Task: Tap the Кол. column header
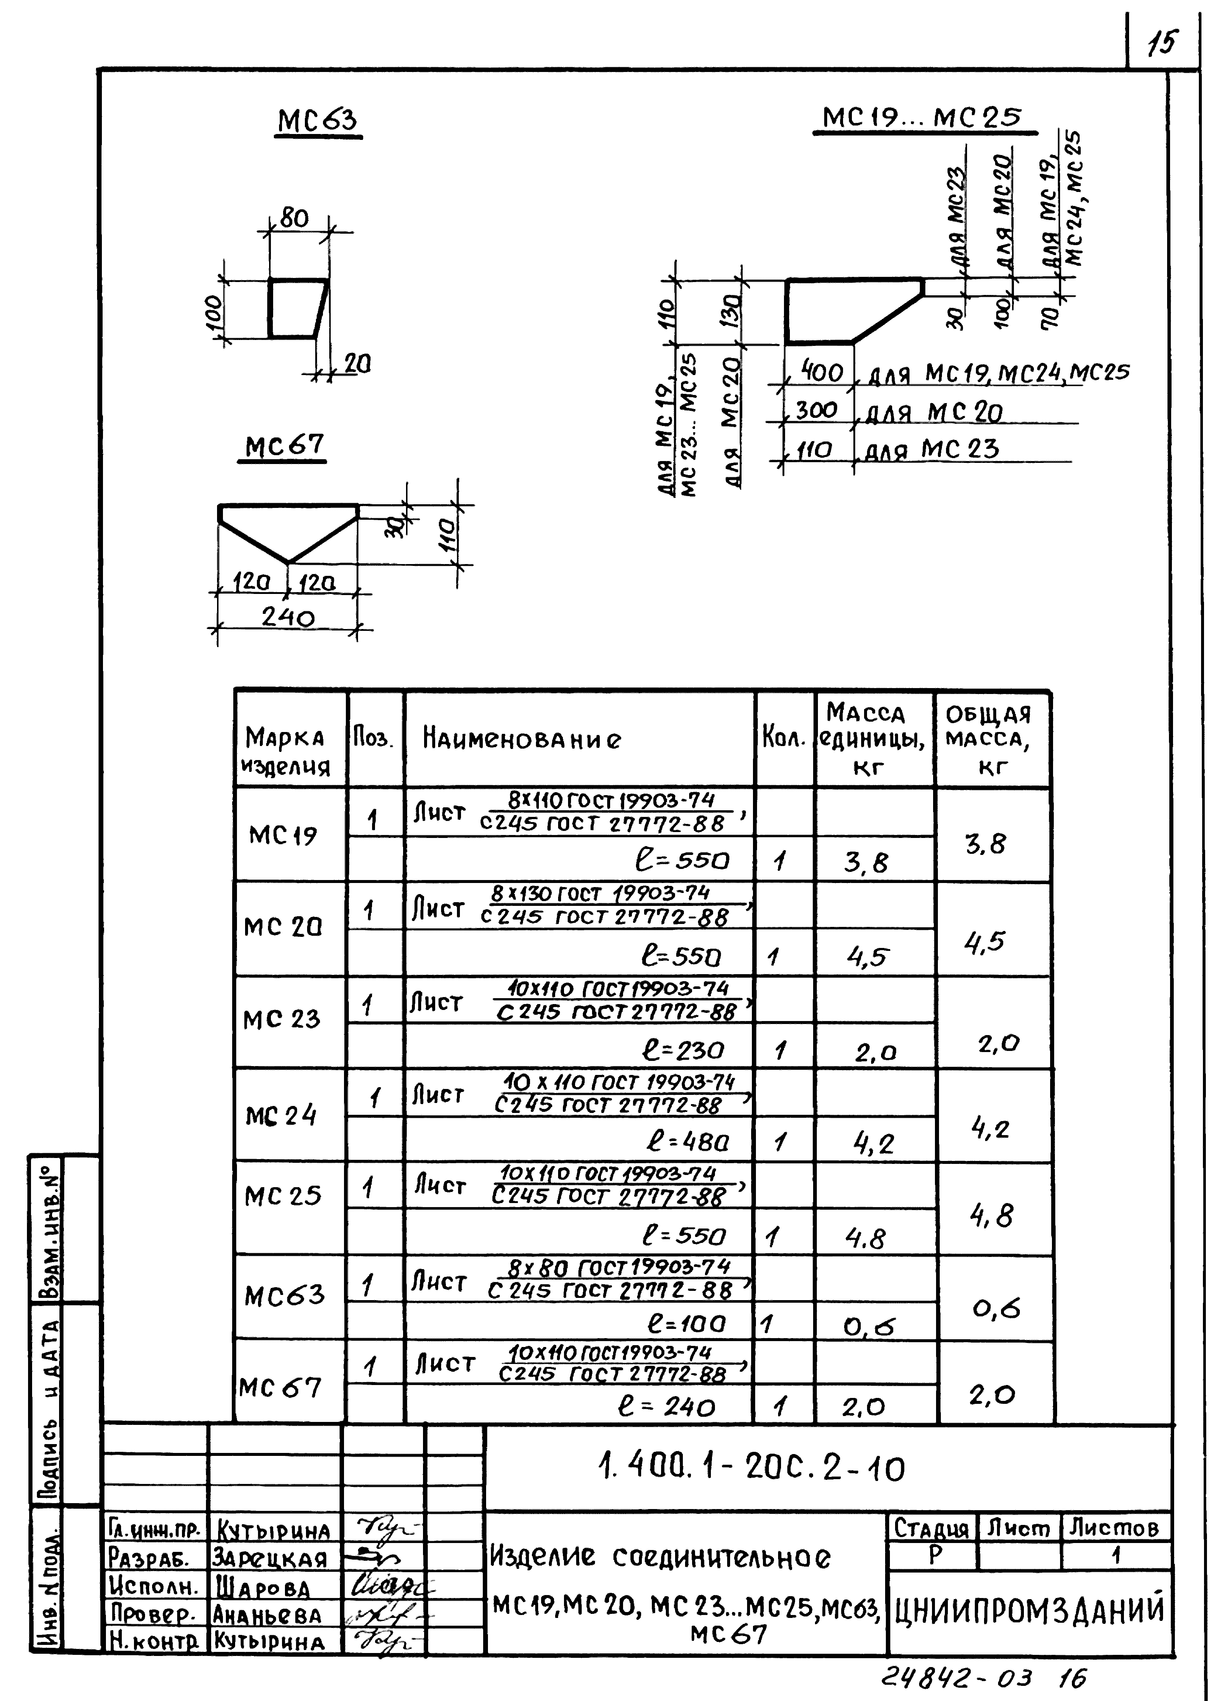pyautogui.click(x=784, y=739)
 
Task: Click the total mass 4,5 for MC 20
pyautogui.click(x=984, y=941)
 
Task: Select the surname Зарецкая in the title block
pyautogui.click(x=270, y=1559)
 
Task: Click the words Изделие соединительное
pyautogui.click(x=660, y=1558)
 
